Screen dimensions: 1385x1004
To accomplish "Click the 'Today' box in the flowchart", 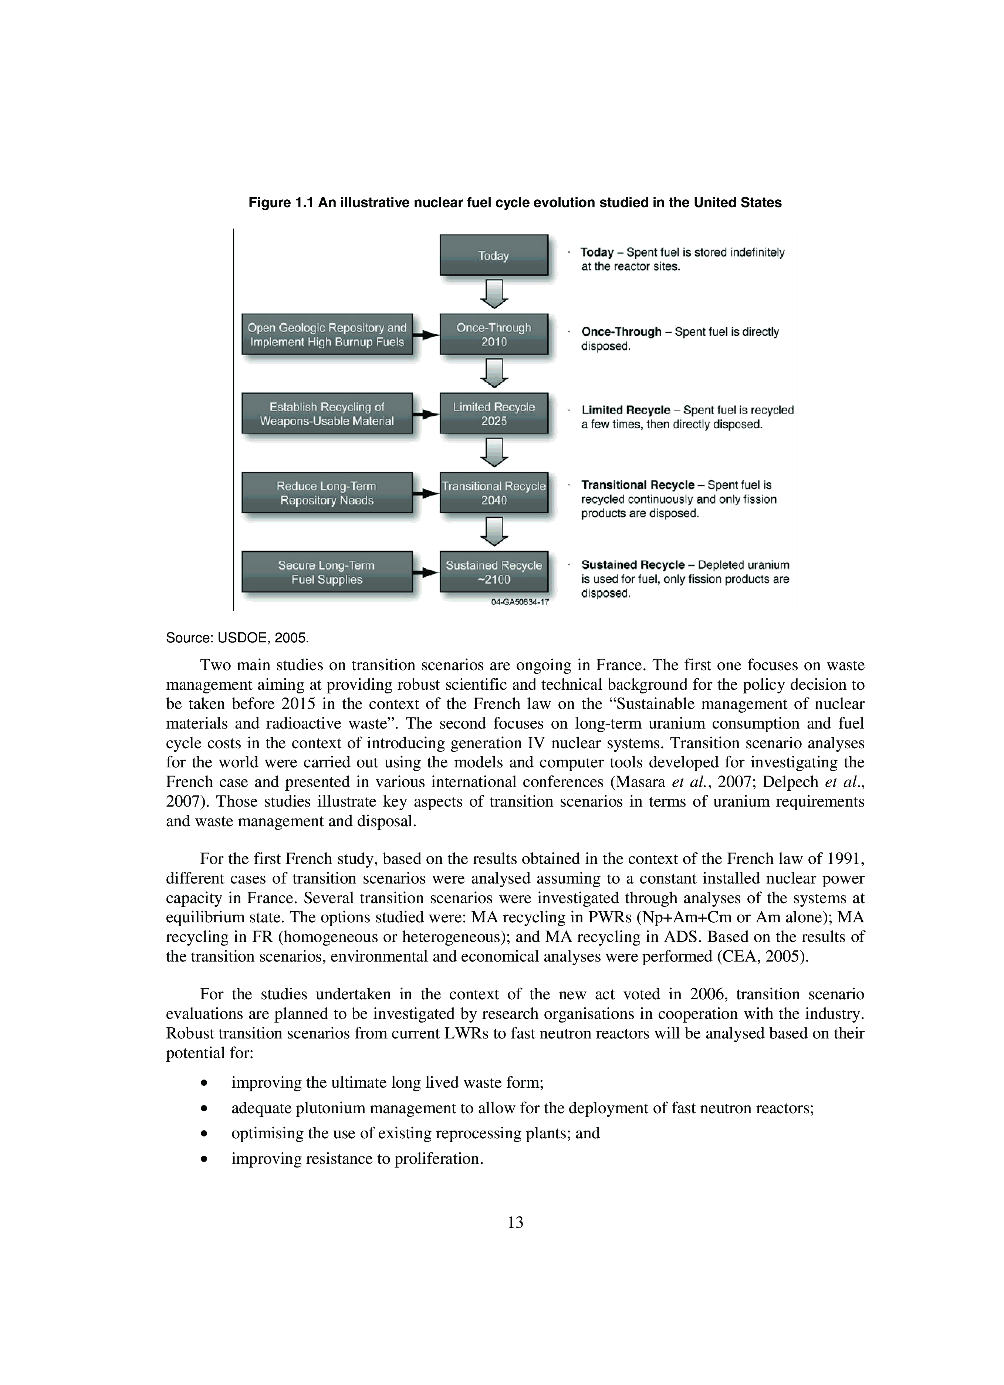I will tap(493, 255).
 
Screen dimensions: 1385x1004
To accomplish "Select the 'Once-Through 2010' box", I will tap(493, 335).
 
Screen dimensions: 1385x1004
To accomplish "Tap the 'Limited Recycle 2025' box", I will tap(493, 413).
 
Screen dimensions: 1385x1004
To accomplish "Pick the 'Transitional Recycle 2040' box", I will tap(493, 493).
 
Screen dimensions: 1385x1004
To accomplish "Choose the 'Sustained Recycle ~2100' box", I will tap(493, 572).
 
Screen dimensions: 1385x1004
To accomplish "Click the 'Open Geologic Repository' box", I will tap(327, 335).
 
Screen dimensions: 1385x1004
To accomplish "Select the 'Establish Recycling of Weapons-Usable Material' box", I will tap(327, 413).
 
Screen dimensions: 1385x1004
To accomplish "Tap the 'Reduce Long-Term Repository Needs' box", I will tap(327, 493).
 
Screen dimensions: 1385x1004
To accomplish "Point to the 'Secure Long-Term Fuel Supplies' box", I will tap(327, 572).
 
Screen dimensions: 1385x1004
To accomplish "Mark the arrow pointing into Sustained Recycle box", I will tap(426, 572).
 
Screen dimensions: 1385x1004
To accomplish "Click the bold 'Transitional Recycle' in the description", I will tap(638, 485).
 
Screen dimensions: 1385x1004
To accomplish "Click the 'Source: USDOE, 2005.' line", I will tap(237, 638).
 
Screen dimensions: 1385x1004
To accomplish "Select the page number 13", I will tap(515, 1222).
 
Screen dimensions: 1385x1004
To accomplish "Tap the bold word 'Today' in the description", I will tap(596, 252).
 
